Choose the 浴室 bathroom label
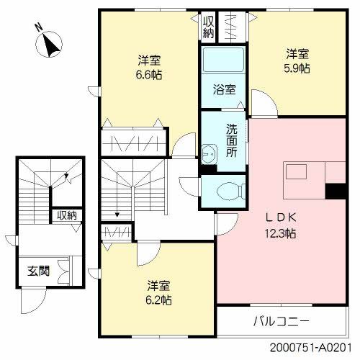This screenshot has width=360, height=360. [x=223, y=91]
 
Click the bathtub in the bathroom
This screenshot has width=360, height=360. [x=223, y=63]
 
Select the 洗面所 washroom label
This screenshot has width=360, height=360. [x=232, y=141]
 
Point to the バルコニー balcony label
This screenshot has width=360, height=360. [x=282, y=320]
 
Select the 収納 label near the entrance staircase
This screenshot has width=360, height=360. [x=66, y=215]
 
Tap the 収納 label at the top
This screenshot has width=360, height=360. [x=208, y=27]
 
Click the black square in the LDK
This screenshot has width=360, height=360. [x=334, y=192]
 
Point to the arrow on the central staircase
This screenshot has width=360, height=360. [x=117, y=212]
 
